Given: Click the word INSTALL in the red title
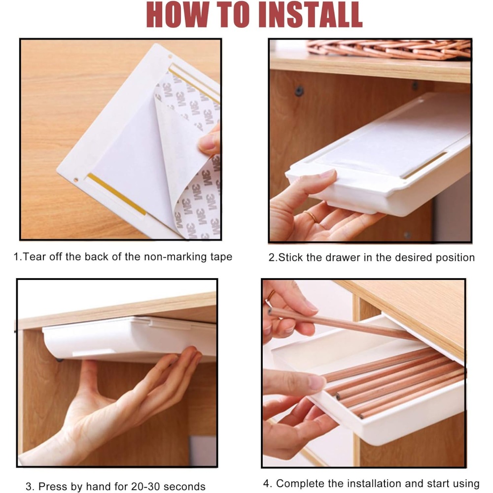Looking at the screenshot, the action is tap(310, 15).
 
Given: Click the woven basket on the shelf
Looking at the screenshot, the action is tap(388, 49).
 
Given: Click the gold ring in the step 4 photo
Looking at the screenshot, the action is tap(270, 295).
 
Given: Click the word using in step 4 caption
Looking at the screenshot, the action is tap(466, 484).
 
